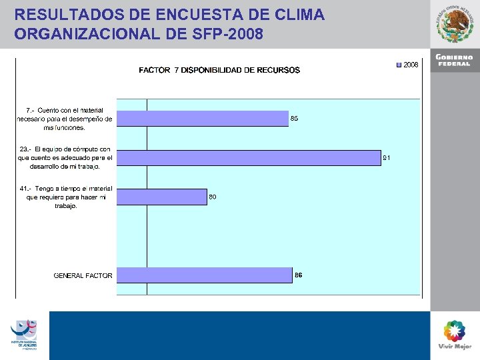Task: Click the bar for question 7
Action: click(203, 119)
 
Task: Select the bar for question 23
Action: click(249, 157)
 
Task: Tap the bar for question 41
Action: click(162, 197)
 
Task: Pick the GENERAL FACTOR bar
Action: click(204, 275)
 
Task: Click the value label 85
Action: click(294, 119)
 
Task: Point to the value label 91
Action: click(386, 158)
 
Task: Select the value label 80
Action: click(213, 197)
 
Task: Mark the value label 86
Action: click(299, 275)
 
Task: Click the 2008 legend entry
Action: click(407, 65)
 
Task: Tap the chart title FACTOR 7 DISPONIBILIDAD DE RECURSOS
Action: click(219, 70)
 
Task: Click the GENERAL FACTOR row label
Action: click(83, 275)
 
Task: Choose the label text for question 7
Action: click(65, 119)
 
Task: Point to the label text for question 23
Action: click(65, 158)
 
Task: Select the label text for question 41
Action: click(66, 197)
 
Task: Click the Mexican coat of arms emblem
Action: click(455, 24)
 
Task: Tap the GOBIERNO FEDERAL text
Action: click(455, 60)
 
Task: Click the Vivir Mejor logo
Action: click(455, 335)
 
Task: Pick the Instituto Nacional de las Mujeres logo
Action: click(24, 334)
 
